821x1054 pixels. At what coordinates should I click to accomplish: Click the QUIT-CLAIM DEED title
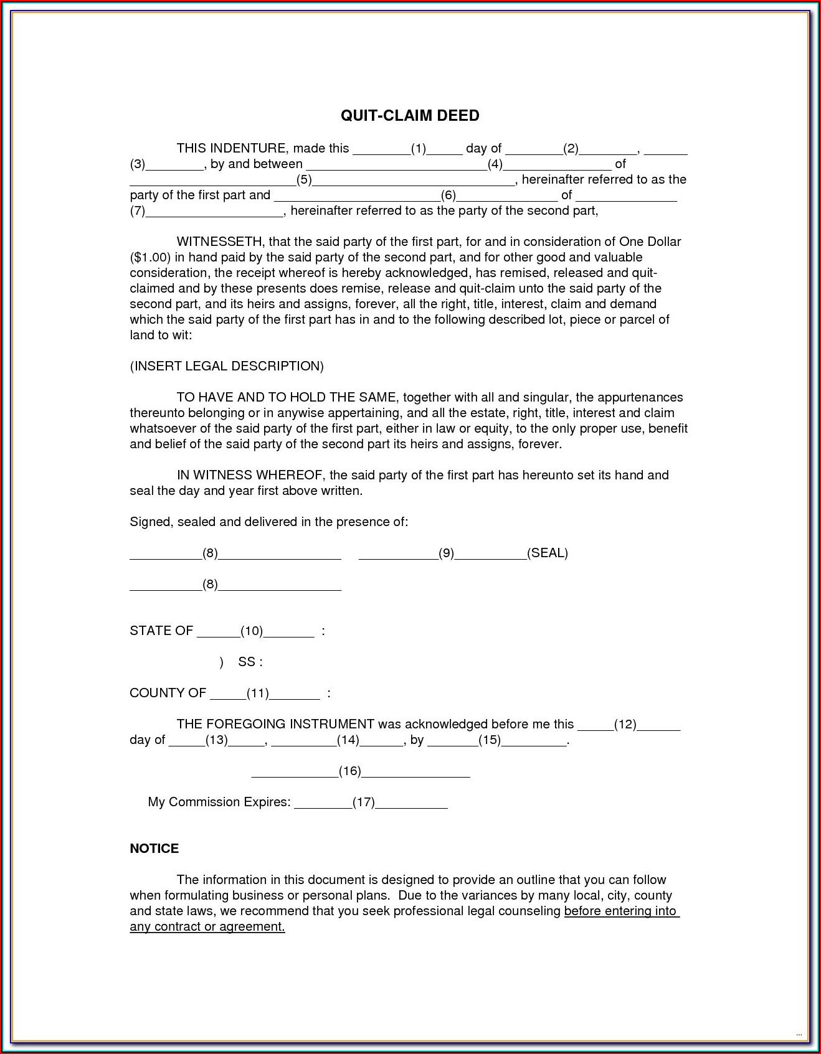(410, 116)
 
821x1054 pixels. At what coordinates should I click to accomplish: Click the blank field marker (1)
(418, 149)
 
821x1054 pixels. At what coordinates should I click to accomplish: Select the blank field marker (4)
(495, 164)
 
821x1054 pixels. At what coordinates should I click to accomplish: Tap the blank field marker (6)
(448, 195)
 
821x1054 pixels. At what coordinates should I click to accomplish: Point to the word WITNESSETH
(221, 242)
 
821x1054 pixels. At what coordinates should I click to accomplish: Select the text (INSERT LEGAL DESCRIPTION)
(227, 366)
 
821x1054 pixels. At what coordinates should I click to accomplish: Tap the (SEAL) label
(548, 553)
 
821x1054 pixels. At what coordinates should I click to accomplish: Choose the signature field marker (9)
(446, 553)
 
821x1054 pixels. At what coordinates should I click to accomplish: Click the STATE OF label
(161, 631)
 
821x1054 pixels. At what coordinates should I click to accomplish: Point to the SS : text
(250, 662)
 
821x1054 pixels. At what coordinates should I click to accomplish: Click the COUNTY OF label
(168, 693)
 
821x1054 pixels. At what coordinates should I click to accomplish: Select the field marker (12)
(625, 724)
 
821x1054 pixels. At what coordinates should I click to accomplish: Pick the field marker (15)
(490, 740)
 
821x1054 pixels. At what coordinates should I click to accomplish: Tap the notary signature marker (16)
(349, 771)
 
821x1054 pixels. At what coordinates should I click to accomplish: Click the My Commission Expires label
(219, 802)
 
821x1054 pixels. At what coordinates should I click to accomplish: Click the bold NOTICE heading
(154, 849)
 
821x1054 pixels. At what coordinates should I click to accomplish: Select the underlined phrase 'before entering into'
(620, 911)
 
